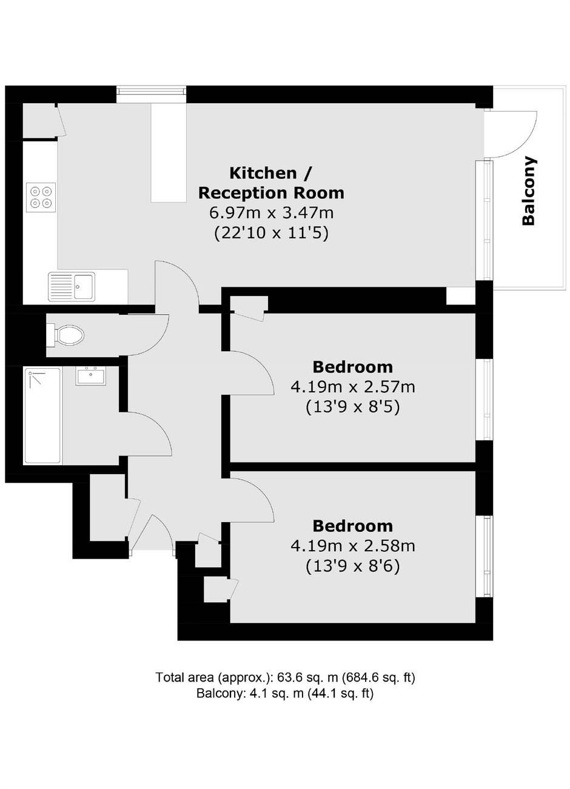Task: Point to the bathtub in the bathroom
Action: [42, 416]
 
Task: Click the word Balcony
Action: [529, 190]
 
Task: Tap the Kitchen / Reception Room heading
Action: [271, 183]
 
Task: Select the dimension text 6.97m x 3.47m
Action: [271, 213]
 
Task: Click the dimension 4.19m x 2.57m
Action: [353, 387]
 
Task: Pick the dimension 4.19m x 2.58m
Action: [353, 546]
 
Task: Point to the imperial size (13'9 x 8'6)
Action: [353, 566]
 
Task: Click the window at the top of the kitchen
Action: [150, 91]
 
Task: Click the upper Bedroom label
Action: [352, 367]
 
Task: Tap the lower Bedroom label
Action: [352, 526]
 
